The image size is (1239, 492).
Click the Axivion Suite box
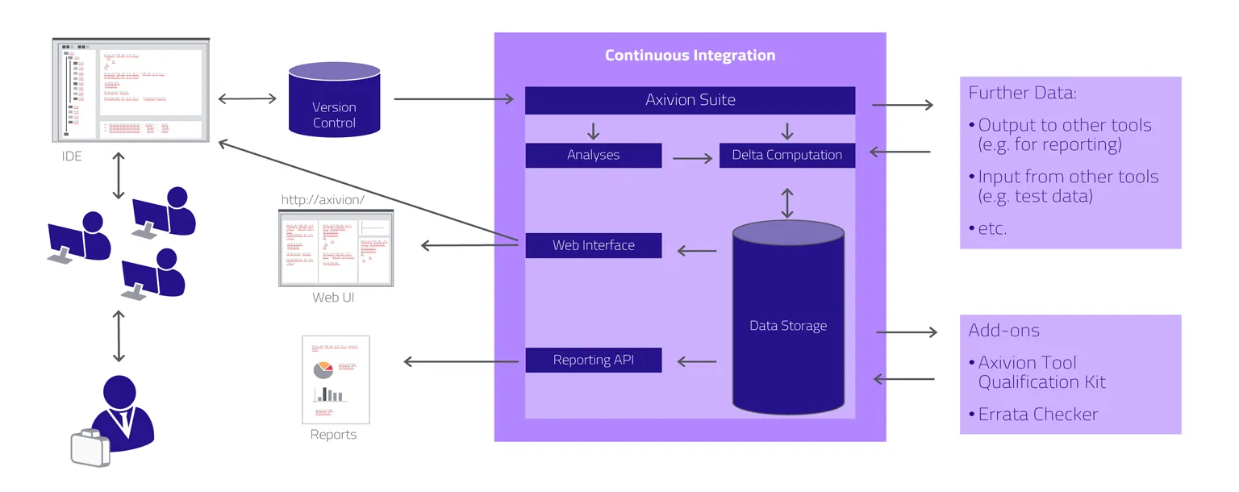690,100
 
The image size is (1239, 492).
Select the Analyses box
593,155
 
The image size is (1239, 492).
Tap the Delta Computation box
786,155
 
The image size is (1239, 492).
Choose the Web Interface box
593,245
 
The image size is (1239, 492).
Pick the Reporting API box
593,360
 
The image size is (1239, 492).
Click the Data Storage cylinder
788,326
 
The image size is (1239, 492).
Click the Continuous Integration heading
690,56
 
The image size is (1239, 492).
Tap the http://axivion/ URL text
323,199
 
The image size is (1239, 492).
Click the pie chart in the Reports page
323,369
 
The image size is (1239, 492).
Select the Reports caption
333,435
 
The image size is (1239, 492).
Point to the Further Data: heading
1022,93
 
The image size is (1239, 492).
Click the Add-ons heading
1003,331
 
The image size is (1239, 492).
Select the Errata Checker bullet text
1038,415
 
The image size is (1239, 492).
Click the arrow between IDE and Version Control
247,99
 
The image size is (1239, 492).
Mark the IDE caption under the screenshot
72,156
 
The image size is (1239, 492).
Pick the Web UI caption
333,298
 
